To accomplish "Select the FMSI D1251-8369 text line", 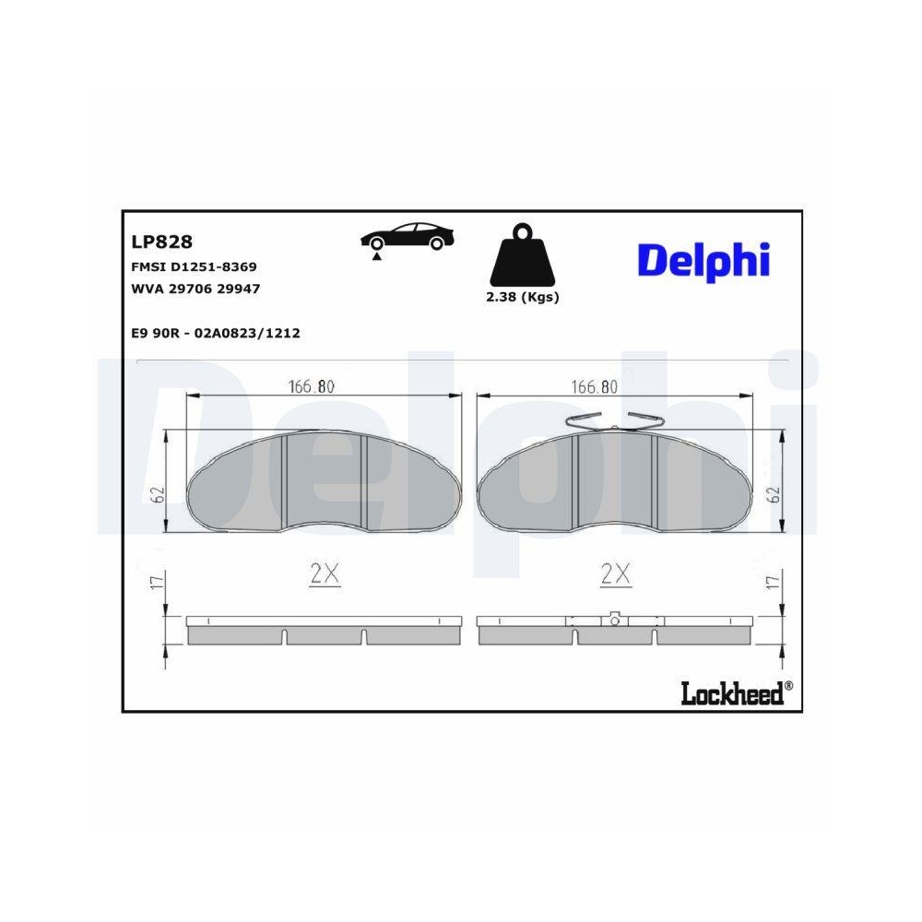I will pos(195,266).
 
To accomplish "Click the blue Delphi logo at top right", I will pos(703,260).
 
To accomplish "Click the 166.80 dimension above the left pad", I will pos(311,387).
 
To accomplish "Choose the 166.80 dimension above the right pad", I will pos(595,387).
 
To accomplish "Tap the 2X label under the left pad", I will pos(325,575).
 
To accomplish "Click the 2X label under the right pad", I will pos(615,575).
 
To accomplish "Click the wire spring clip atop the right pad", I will pos(614,420).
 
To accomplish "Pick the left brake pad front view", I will pos(325,482).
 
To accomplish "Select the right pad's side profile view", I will pos(615,630).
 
